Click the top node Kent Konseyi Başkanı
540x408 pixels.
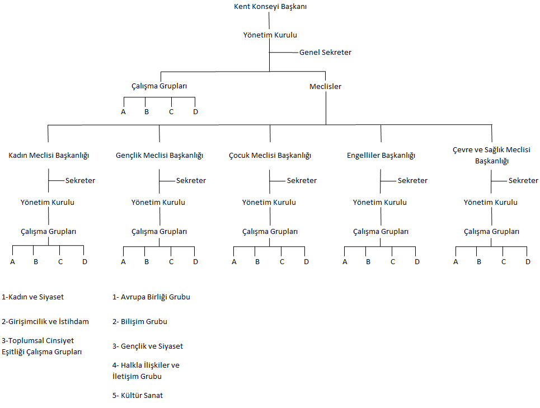point(270,7)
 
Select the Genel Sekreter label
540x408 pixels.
point(325,52)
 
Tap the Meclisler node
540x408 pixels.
point(325,86)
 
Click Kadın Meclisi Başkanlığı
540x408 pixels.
point(49,155)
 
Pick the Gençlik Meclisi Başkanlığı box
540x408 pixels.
point(159,155)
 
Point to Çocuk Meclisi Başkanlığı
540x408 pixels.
point(270,155)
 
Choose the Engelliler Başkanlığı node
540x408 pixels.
point(381,155)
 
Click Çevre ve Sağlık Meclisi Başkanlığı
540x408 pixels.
point(492,155)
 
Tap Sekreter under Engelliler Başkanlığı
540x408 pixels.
point(412,180)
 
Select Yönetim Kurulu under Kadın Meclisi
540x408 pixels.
point(48,202)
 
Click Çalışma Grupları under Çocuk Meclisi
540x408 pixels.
point(270,231)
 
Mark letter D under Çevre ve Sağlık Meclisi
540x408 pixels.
point(528,261)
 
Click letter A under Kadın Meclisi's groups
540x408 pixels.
point(12,261)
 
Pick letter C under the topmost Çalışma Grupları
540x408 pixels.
point(171,111)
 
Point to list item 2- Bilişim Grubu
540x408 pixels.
point(140,321)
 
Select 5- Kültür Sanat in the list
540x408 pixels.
point(138,395)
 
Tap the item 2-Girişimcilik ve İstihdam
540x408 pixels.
point(45,321)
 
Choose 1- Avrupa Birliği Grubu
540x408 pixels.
point(151,297)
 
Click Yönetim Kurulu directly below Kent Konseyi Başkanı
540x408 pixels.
point(270,35)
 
